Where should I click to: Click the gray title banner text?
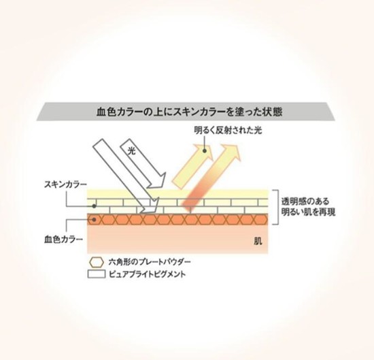(x=189, y=112)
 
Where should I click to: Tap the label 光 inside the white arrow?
(x=131, y=150)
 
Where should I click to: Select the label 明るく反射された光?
(x=228, y=131)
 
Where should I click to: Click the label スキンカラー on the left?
(x=65, y=184)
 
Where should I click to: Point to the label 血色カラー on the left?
(x=63, y=239)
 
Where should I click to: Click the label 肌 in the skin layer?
(x=258, y=241)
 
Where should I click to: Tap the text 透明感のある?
(x=305, y=201)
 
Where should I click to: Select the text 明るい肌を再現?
(x=309, y=212)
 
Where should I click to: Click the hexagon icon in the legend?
(x=97, y=263)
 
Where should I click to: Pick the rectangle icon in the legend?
(x=97, y=274)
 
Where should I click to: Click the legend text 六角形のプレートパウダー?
(x=150, y=262)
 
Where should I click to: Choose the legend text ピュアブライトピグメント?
(x=147, y=274)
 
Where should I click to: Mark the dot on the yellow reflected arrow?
(x=205, y=150)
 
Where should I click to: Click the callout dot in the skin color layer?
(x=95, y=206)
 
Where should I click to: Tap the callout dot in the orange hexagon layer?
(x=95, y=219)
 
